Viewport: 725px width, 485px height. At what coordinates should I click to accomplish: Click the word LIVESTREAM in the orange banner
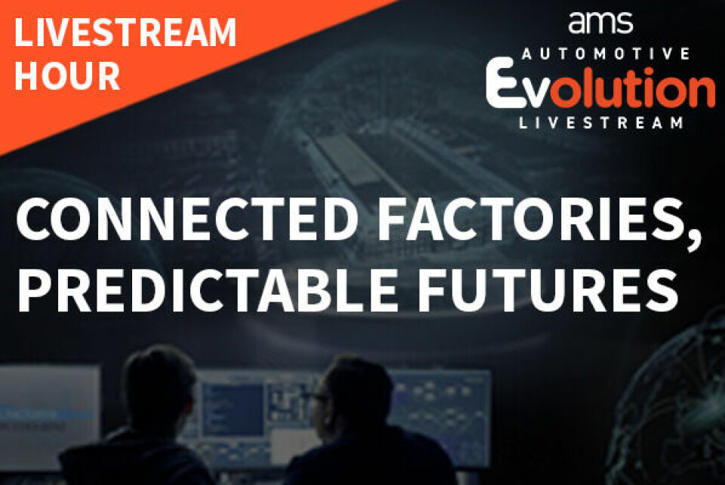tap(125, 32)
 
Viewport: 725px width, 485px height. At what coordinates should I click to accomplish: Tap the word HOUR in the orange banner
tap(67, 76)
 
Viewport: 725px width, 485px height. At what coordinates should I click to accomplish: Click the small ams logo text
tap(600, 23)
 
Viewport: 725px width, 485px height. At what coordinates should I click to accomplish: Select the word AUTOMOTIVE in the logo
tap(605, 54)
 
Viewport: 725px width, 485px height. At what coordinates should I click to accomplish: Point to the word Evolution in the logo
tap(600, 86)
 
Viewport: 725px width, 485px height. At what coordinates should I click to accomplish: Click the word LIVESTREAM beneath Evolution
tap(601, 123)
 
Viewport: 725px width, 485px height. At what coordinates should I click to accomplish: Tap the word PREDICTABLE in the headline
tap(208, 289)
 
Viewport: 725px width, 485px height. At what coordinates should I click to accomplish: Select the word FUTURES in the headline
tap(548, 289)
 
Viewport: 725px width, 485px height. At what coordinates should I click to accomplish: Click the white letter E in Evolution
tap(501, 83)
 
